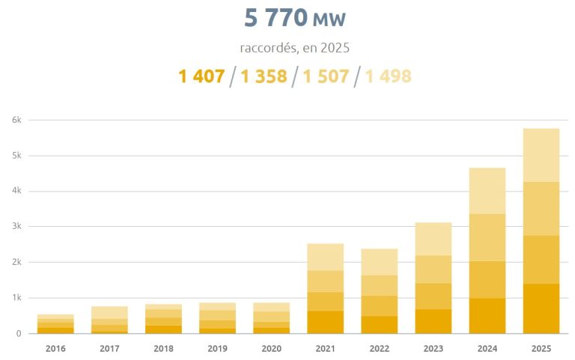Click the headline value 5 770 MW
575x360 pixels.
click(295, 17)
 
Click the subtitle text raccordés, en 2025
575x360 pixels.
click(295, 48)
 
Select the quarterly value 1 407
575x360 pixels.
click(201, 76)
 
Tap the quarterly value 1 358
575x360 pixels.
click(264, 76)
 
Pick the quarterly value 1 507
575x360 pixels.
click(326, 76)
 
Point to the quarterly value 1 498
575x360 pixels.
click(388, 76)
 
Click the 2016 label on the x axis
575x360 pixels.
click(55, 348)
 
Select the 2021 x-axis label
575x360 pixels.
click(326, 348)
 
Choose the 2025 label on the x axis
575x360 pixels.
click(541, 348)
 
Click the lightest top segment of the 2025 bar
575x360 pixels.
click(541, 155)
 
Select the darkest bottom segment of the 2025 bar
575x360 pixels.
click(541, 308)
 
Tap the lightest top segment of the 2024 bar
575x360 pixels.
click(487, 191)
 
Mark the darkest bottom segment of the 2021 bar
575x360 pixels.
click(326, 322)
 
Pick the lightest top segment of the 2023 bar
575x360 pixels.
click(433, 239)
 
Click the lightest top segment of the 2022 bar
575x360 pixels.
click(380, 262)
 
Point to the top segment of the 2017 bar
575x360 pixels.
click(109, 312)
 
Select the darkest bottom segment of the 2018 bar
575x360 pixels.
click(163, 329)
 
